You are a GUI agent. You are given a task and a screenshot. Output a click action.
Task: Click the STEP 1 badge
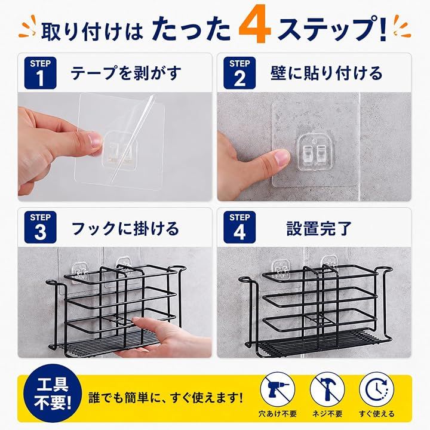(41, 73)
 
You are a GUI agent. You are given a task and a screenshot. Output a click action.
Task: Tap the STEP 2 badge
(239, 73)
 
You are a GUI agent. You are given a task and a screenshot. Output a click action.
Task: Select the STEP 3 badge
(41, 227)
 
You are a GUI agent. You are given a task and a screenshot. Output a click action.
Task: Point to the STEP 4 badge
(239, 227)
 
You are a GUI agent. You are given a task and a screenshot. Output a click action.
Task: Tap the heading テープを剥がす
(126, 73)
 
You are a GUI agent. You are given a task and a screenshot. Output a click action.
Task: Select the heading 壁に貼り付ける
(326, 73)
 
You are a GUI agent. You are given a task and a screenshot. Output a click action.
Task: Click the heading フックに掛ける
(125, 228)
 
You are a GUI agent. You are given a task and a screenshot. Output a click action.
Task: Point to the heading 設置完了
(319, 228)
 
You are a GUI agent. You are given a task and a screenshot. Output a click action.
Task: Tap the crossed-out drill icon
(278, 389)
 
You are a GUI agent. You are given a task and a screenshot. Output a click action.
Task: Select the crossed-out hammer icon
(327, 389)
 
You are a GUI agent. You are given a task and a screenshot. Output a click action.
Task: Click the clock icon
(376, 389)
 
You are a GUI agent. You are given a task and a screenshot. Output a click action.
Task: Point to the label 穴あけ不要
(278, 414)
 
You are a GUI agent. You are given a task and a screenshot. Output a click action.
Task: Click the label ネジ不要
(327, 414)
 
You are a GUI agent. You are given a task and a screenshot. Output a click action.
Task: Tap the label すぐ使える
(376, 414)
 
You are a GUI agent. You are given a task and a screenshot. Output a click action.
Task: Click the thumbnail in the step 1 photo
(95, 140)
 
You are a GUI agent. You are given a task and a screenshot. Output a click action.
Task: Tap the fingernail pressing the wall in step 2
(282, 156)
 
